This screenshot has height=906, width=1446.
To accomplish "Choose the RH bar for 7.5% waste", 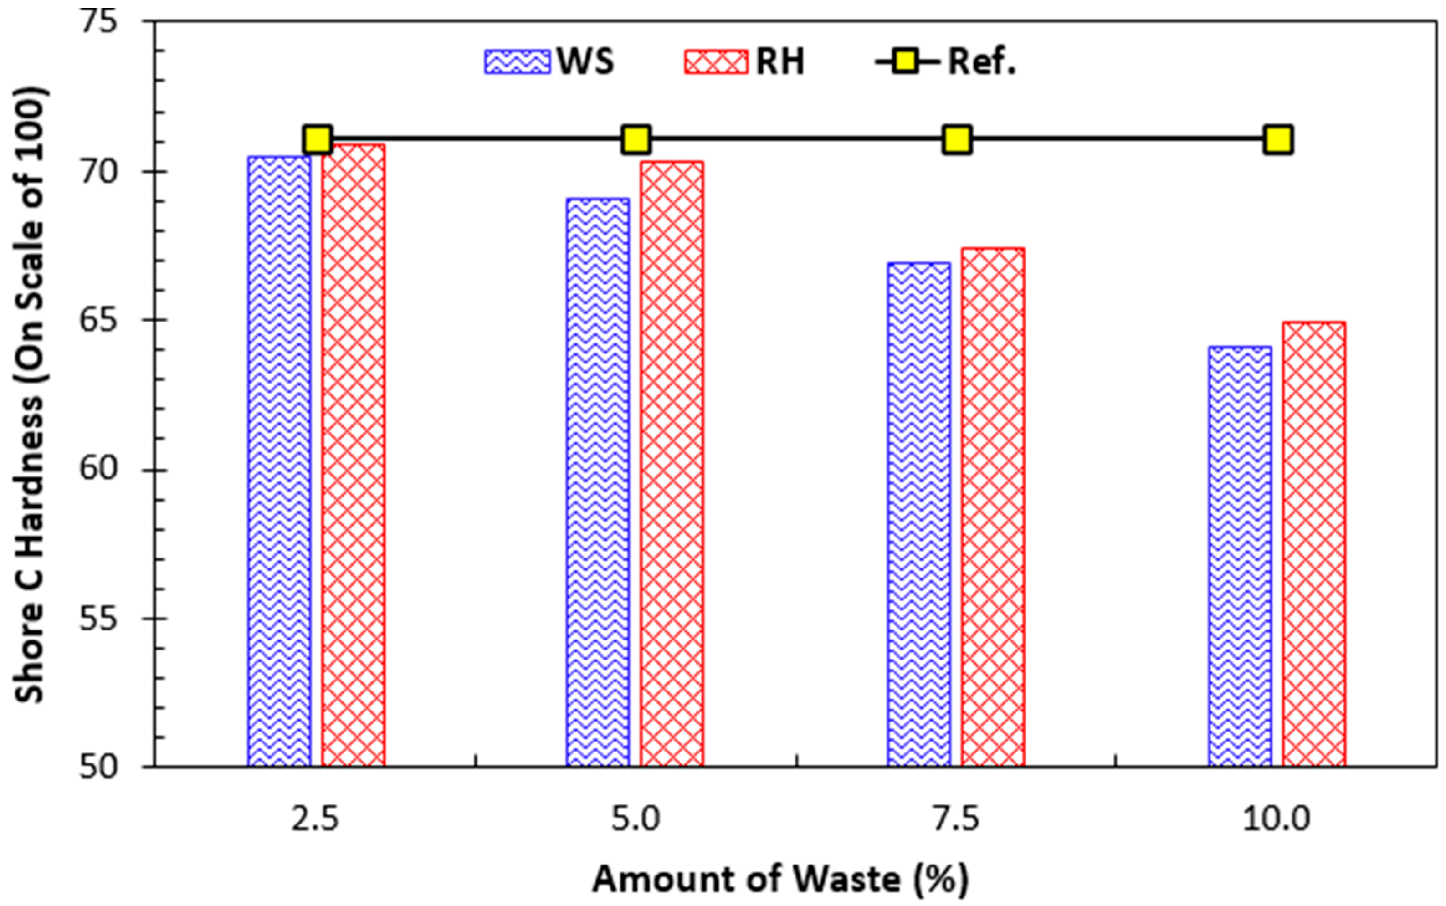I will pos(992,507).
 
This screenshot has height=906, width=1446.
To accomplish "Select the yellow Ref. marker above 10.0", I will pos(1278,140).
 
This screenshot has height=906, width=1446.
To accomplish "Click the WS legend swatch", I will pos(517,61).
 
